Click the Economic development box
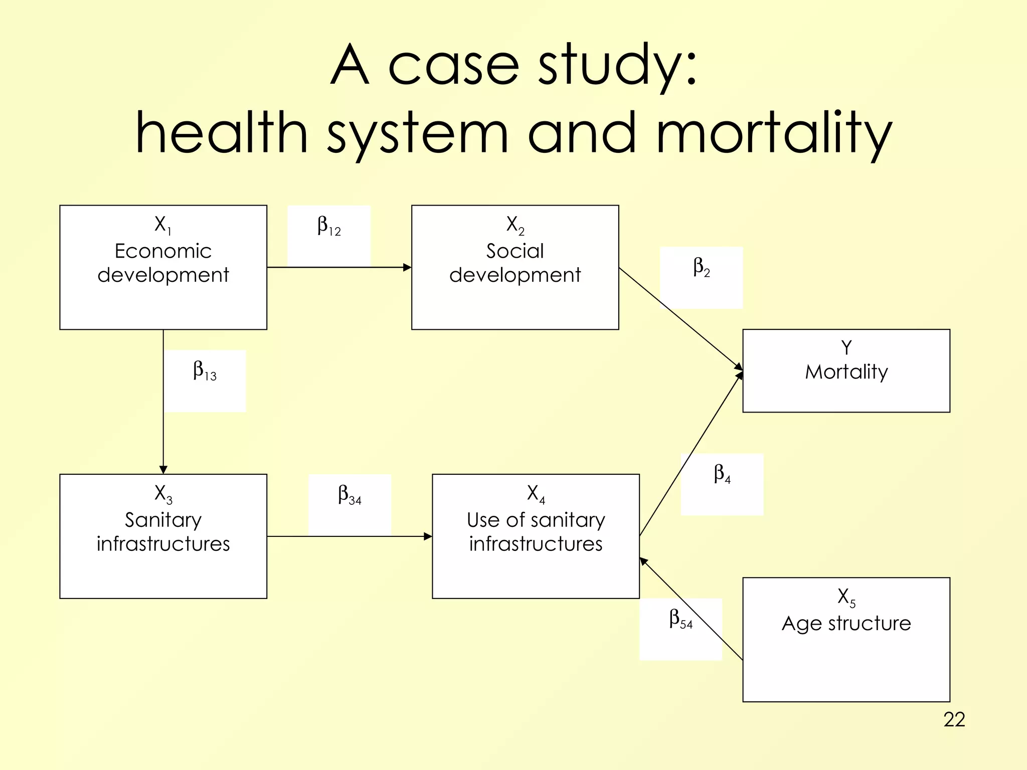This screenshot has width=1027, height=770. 163,267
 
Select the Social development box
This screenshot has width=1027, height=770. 515,267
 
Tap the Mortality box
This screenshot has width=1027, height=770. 846,370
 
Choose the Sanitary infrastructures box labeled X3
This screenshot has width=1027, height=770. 163,536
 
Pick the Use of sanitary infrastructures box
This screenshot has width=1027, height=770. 536,536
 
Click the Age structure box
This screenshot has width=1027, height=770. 846,639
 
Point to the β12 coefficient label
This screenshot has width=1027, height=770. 329,227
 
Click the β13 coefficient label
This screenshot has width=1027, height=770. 205,371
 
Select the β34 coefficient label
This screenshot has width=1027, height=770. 350,495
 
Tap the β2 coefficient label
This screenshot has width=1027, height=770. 702,268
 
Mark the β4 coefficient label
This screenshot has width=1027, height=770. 722,474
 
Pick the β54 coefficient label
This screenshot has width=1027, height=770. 680,620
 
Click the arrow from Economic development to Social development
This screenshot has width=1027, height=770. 339,267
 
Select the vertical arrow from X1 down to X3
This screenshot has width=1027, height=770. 163,401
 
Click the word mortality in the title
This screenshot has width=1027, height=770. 774,133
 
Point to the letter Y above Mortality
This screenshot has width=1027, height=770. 846,347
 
